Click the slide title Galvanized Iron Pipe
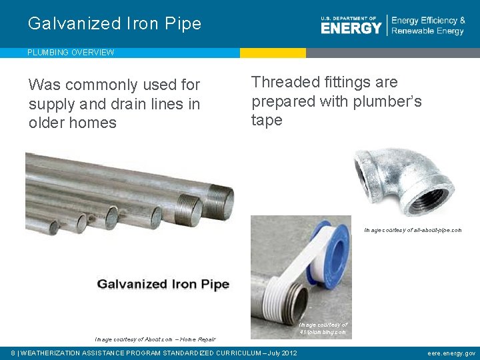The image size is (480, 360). [114, 24]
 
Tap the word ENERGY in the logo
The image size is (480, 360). [351, 28]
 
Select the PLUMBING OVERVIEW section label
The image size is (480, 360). [71, 53]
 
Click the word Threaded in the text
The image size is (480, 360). [283, 83]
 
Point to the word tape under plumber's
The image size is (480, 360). [267, 121]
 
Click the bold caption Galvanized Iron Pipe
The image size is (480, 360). [163, 284]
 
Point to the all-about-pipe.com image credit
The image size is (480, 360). [412, 230]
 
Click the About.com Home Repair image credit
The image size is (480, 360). [155, 339]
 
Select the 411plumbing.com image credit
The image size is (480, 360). [323, 328]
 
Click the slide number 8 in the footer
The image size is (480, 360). [14, 353]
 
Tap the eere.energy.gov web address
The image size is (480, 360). [451, 353]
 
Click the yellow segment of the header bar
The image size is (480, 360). [273, 53]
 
